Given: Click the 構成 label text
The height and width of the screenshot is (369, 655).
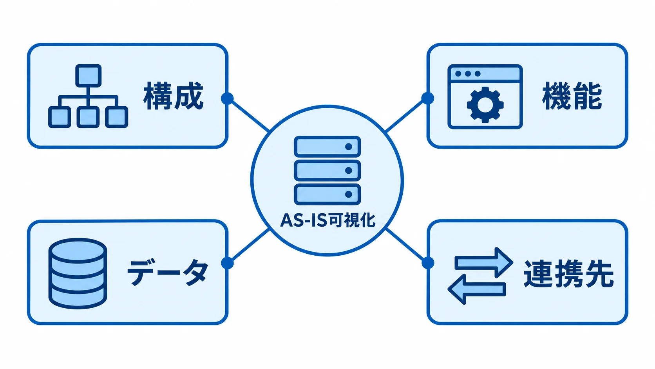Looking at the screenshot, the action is [174, 96].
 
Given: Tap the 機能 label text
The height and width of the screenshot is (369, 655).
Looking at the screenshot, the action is [572, 96].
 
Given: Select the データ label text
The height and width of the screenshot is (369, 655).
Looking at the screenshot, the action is [168, 272].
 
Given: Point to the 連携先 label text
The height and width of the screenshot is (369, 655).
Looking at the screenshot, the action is [568, 274].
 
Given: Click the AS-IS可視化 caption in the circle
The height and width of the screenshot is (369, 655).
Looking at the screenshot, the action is [327, 220].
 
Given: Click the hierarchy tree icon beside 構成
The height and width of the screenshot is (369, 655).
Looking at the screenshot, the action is [88, 96].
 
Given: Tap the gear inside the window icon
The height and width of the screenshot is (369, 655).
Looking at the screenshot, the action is [485, 104].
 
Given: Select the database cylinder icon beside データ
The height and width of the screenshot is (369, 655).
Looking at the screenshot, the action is [78, 273].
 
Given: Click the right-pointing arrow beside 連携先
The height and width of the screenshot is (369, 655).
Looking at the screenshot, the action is [484, 262].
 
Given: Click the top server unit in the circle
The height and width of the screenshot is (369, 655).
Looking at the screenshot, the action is [327, 146].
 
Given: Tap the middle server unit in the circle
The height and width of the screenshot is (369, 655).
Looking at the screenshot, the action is [327, 170].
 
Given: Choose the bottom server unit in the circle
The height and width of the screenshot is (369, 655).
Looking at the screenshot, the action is [327, 194].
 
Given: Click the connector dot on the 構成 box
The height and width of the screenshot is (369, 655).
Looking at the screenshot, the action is [227, 98].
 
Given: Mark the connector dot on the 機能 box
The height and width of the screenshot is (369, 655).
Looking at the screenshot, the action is [427, 98].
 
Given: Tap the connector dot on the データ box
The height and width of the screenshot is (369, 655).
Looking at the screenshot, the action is [227, 263].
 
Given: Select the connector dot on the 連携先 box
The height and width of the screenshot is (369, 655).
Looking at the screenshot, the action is [428, 262].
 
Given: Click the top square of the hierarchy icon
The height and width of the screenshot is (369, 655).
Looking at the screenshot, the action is [88, 76].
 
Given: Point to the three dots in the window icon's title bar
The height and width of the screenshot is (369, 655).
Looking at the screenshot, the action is [468, 74].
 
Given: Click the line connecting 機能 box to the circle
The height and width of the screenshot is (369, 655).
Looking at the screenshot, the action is [407, 115].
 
